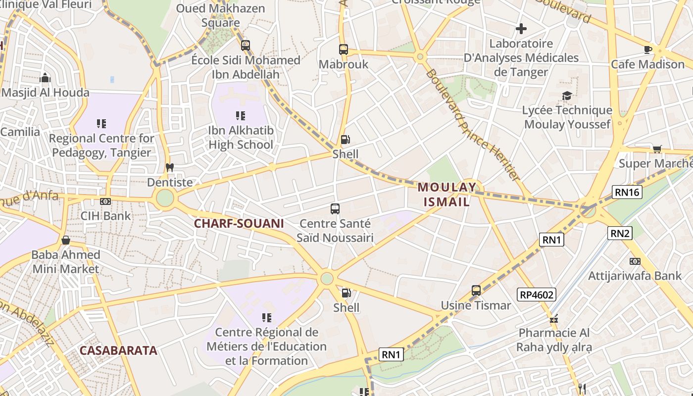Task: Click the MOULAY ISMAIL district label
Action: pos(447,195)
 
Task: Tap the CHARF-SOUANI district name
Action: pos(239,223)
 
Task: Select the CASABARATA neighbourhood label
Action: pos(118,350)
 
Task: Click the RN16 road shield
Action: pos(627,192)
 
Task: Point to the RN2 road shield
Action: pos(620,233)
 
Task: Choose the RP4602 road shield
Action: pos(537,295)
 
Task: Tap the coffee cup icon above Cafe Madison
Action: pos(647,49)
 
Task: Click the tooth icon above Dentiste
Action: pos(170,167)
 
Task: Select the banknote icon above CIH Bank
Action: pos(105,201)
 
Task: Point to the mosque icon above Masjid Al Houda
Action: pos(45,78)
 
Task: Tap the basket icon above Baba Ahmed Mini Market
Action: pos(65,240)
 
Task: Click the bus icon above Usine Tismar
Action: pos(476,291)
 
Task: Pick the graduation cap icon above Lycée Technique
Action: pos(567,95)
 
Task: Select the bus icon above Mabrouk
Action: pos(344,49)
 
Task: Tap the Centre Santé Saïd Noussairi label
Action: pos(335,231)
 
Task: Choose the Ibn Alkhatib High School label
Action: pos(241,138)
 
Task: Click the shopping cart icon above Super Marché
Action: pos(657,149)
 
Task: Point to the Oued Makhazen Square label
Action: pos(221,15)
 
